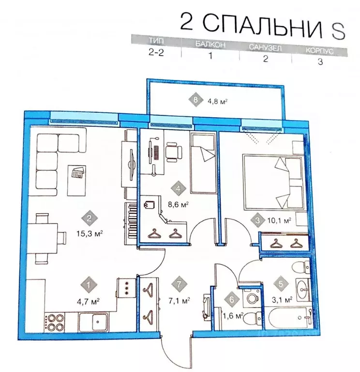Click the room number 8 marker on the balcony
click(x=195, y=101)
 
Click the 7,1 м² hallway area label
click(x=180, y=299)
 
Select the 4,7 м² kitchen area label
click(x=90, y=300)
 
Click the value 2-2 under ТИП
click(x=156, y=55)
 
